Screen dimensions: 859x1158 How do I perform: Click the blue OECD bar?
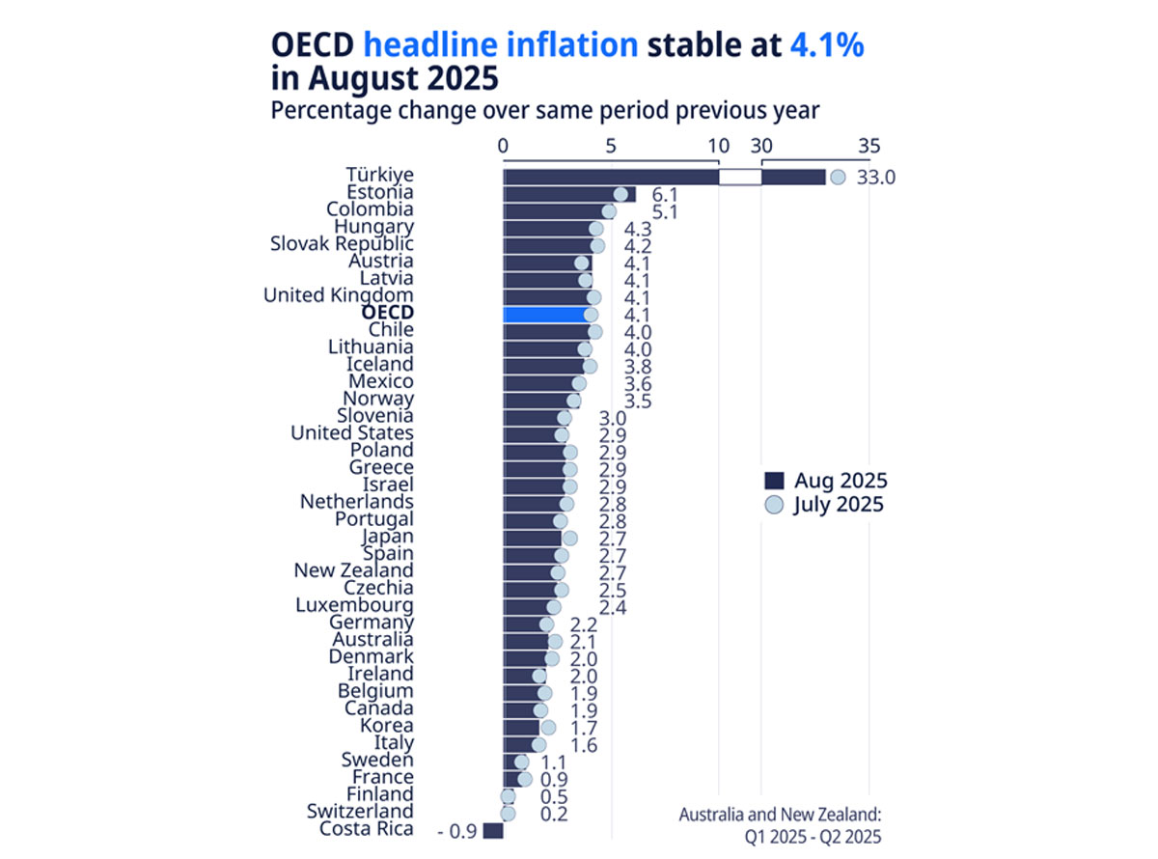(545, 315)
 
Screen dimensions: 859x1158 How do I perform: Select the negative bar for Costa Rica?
(493, 831)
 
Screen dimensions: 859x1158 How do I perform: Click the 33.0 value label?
(877, 178)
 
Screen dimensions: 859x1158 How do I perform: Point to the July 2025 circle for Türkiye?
(838, 178)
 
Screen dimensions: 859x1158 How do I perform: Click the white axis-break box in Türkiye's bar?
(740, 178)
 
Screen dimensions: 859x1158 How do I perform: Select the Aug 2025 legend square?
(773, 481)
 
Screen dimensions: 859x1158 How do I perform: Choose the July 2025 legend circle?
(773, 504)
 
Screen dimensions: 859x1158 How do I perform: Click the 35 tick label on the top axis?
(868, 146)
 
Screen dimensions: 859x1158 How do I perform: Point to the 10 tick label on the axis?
(718, 146)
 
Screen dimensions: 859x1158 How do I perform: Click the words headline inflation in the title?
(501, 44)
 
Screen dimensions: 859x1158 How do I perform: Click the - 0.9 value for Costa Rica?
(456, 831)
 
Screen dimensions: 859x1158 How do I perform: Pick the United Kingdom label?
(339, 295)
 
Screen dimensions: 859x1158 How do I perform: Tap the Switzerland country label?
(360, 812)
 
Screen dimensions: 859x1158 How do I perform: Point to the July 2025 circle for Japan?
(569, 538)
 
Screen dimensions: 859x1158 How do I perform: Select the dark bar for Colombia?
(554, 211)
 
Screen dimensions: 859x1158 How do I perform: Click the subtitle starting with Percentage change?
(544, 109)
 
